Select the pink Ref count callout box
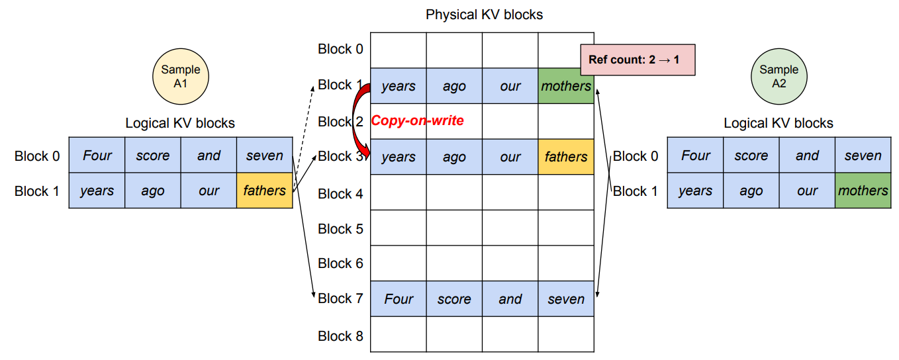tap(637, 60)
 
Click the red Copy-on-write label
tap(417, 120)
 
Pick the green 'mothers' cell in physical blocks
tap(566, 86)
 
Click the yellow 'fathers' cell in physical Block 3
tap(566, 157)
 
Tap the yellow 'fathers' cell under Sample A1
tap(264, 191)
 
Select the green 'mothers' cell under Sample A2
tap(863, 191)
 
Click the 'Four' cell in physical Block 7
tap(399, 299)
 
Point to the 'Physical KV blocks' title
tap(484, 14)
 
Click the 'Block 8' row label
tap(340, 336)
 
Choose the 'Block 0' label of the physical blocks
tap(340, 48)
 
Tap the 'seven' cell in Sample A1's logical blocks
tap(264, 156)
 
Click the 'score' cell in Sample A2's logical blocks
tap(751, 156)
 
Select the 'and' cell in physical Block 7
tap(510, 299)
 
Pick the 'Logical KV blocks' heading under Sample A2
tap(778, 123)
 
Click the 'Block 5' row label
tap(340, 228)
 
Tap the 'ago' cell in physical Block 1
tap(454, 86)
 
